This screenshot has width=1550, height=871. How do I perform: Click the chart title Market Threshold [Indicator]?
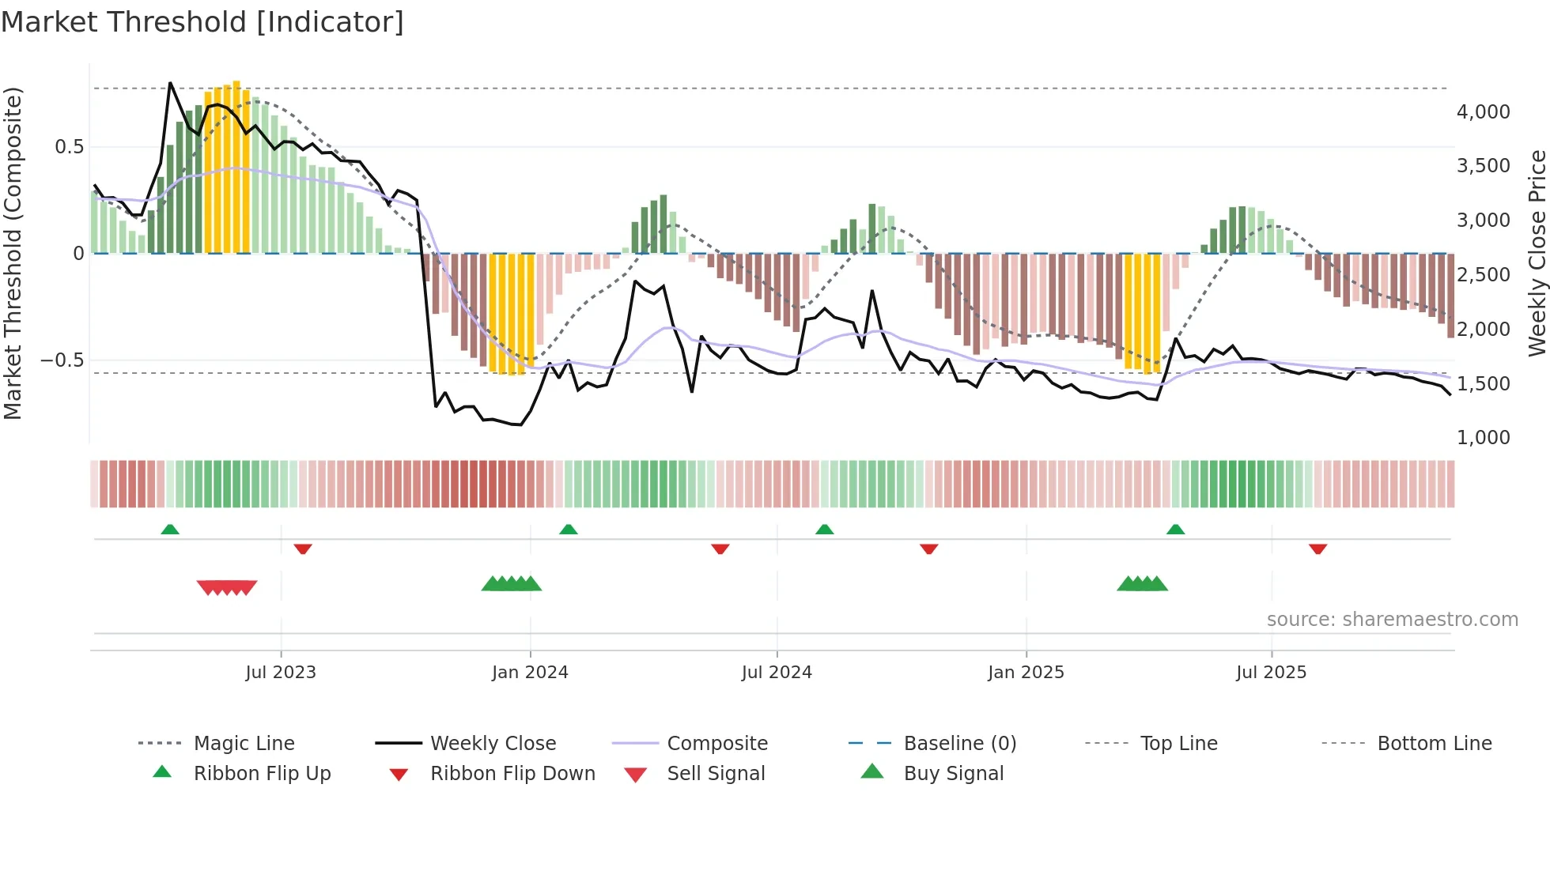pos(202,22)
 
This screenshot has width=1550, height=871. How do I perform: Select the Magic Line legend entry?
pos(244,744)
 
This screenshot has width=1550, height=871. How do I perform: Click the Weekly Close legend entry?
pos(493,744)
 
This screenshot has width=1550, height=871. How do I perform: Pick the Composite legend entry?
pos(716,744)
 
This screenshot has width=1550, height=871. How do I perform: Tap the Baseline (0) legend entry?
pos(959,744)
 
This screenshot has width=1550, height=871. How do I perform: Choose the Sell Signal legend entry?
pos(715,774)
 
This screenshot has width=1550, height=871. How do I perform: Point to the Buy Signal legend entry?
pos(953,774)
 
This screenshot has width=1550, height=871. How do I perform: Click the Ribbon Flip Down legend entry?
pos(512,774)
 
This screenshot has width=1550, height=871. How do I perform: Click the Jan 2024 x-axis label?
pos(530,673)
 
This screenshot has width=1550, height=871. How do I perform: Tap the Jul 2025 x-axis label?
pos(1271,673)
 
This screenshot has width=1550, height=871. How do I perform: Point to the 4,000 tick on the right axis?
pos(1483,112)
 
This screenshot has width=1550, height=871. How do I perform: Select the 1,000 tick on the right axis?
pos(1483,438)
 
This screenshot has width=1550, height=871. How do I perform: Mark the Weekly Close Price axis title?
pos(1536,253)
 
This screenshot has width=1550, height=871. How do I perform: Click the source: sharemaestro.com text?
pos(1392,620)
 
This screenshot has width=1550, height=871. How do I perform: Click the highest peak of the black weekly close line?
pos(170,83)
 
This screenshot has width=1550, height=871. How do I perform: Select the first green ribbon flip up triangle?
pos(170,529)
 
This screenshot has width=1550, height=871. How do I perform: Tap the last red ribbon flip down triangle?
pos(1317,549)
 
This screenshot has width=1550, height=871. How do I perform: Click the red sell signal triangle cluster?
pos(227,587)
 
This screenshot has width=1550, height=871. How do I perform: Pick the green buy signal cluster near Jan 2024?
pos(512,584)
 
